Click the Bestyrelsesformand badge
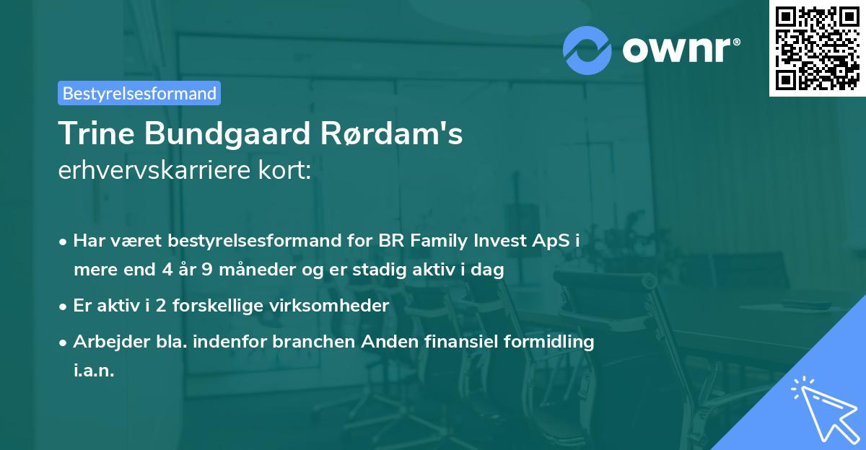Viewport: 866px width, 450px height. coord(139,93)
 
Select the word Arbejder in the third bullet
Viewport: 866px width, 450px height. coord(105,341)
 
